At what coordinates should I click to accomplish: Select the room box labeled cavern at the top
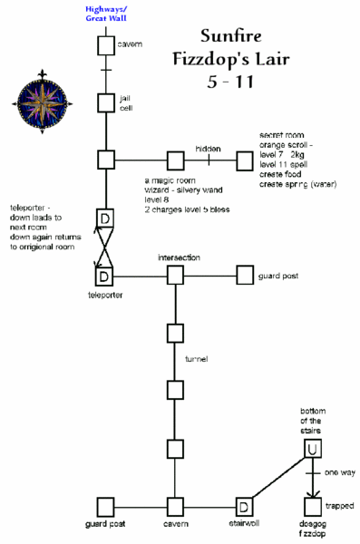tap(106, 45)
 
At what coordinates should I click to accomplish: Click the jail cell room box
tap(106, 103)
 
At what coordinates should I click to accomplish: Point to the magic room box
tap(174, 160)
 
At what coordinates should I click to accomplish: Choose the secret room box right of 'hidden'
tap(245, 160)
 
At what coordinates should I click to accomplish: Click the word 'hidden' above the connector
tap(208, 148)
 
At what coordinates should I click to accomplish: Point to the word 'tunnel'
tap(196, 360)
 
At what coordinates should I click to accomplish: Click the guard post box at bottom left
tap(106, 506)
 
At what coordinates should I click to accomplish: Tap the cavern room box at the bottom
tap(175, 506)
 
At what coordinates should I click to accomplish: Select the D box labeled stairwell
tap(245, 506)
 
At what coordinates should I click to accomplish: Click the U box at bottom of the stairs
tap(314, 447)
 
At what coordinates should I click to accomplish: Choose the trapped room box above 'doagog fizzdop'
tap(314, 506)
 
